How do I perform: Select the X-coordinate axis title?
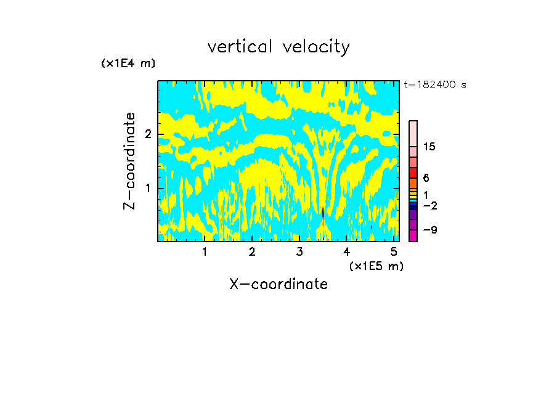[x=278, y=284]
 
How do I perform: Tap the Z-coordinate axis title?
[x=129, y=161]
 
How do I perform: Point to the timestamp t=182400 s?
[x=435, y=85]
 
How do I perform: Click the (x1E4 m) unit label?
[x=128, y=63]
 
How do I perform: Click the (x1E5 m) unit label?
[x=376, y=266]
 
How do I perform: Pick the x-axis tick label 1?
[x=205, y=252]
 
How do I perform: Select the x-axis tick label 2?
[x=252, y=252]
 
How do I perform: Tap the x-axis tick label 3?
[x=299, y=252]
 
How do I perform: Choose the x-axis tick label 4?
[x=346, y=252]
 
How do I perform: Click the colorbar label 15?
[x=429, y=147]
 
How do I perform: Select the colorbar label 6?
[x=426, y=177]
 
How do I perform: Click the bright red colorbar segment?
[x=413, y=173]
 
